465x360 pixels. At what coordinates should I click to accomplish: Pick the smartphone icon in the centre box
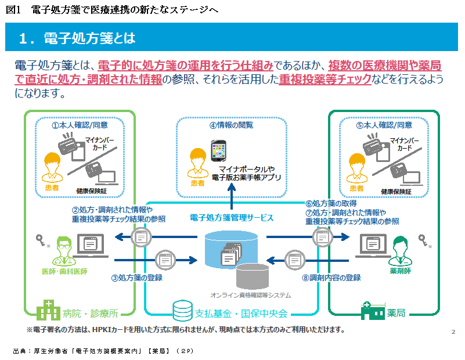pos(219,150)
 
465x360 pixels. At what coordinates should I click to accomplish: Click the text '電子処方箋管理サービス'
pos(232,218)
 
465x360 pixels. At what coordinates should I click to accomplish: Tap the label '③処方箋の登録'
pos(136,278)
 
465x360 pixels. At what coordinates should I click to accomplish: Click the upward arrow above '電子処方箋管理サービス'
pos(232,198)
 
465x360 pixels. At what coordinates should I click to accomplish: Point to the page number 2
pos(452,332)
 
